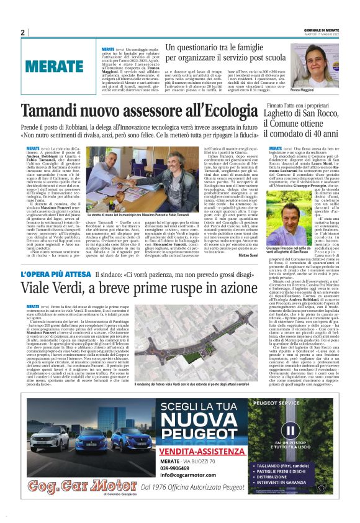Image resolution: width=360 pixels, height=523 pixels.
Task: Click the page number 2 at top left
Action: click(x=22, y=32)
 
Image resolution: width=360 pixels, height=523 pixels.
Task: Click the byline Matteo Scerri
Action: click(x=248, y=254)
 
